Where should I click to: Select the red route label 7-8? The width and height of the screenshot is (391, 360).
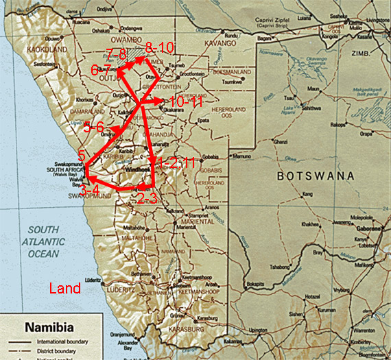tap(117, 53)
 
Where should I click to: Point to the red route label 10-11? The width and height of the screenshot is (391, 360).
tap(185, 101)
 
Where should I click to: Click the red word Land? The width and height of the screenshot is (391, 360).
tap(67, 289)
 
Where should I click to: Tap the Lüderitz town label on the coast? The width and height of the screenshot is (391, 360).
tap(94, 280)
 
